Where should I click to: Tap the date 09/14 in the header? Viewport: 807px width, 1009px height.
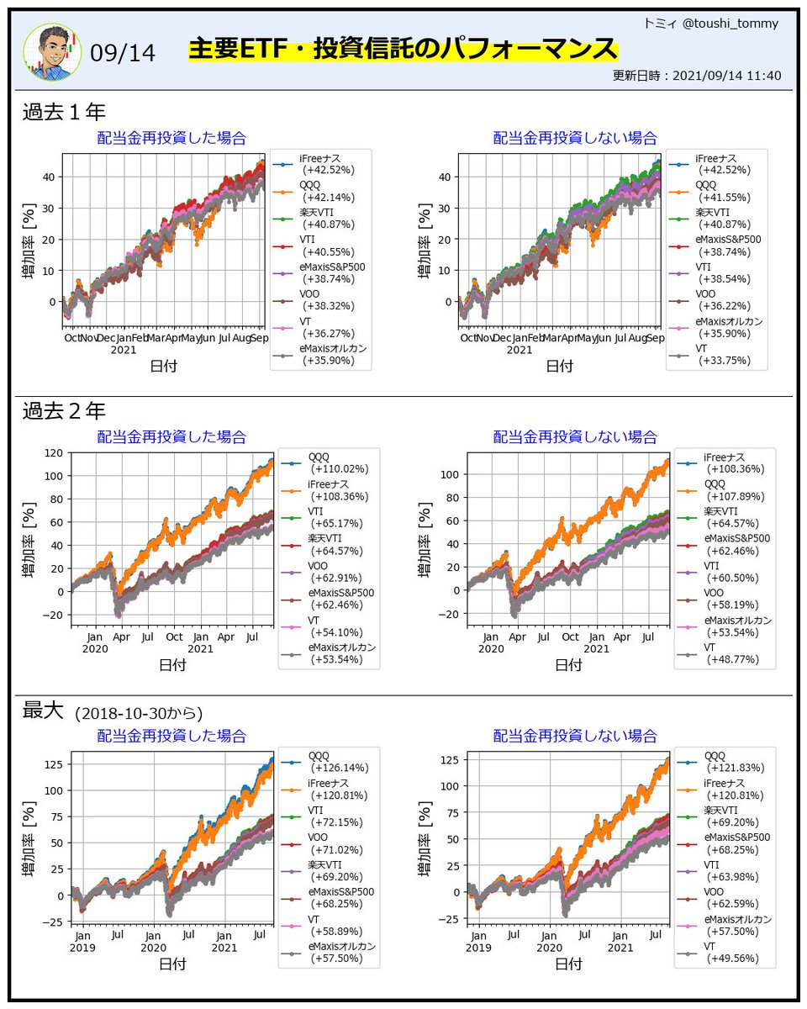(123, 53)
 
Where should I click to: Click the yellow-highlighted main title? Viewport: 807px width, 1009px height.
(403, 49)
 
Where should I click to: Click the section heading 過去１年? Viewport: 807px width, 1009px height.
(64, 112)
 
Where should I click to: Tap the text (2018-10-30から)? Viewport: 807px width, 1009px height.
(139, 714)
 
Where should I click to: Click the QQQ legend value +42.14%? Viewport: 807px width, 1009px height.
(329, 198)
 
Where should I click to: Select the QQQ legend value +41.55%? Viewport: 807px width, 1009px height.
(725, 198)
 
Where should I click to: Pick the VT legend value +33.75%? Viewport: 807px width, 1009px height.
(725, 361)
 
